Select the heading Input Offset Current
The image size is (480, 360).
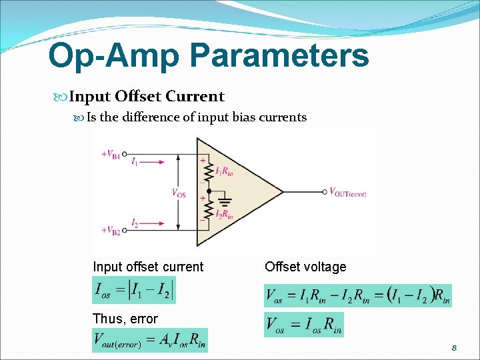click(147, 97)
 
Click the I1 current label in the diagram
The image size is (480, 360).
click(135, 161)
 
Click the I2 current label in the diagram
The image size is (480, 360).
click(135, 222)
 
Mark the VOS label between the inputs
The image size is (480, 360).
click(179, 193)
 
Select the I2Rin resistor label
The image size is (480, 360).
click(225, 214)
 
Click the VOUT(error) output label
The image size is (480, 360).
click(347, 192)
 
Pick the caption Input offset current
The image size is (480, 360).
click(148, 267)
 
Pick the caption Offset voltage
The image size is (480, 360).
click(305, 267)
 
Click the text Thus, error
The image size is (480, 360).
click(125, 319)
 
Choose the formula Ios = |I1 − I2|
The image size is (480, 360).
click(133, 290)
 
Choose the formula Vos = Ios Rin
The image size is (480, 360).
click(304, 325)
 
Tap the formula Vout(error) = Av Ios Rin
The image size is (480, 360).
click(150, 340)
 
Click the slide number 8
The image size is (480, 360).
click(454, 347)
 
